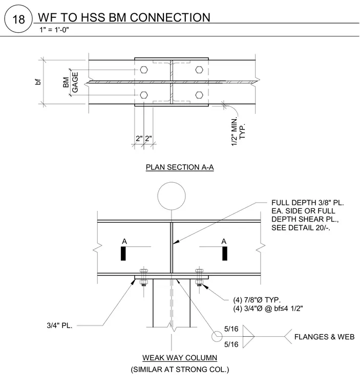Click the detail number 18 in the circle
pos(18,19)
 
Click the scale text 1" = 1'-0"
pos(54,30)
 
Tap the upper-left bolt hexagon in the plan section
pos(144,70)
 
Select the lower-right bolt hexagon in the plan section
pos(199,95)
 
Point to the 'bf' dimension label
pos(38,81)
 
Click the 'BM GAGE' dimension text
pos(71,82)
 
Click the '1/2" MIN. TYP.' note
pos(238,132)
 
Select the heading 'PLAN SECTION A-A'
pos(180,167)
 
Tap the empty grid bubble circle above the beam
pos(172,196)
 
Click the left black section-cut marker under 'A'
pos(123,253)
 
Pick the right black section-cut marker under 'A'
pos(225,253)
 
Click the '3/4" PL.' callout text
pos(59,325)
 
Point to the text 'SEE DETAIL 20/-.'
pos(301,227)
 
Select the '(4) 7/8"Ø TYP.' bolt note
pos(257,300)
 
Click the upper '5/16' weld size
pos(231,329)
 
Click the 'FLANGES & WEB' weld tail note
pos(324,337)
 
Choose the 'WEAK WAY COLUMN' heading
pos(180,358)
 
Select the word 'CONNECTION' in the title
pos(170,17)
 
